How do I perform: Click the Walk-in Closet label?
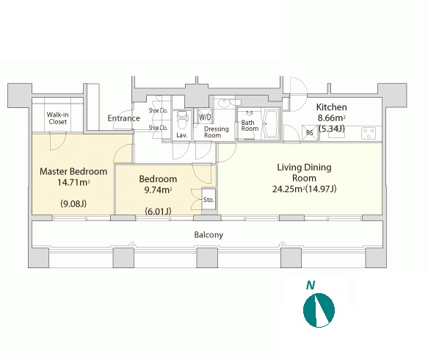(x=57, y=118)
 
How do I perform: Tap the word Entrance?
(x=123, y=118)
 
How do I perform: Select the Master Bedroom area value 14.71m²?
(x=73, y=182)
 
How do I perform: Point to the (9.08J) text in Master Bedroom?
(x=73, y=204)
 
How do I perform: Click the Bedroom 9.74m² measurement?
(x=158, y=190)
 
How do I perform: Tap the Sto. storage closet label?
(x=208, y=200)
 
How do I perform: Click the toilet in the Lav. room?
(x=181, y=120)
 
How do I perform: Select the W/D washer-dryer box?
(x=205, y=116)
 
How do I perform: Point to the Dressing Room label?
(x=217, y=132)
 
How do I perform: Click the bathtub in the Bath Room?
(x=270, y=124)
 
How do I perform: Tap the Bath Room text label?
(x=250, y=126)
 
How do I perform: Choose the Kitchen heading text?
(x=331, y=107)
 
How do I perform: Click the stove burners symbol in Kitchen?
(x=369, y=134)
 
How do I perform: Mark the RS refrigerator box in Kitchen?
(x=310, y=133)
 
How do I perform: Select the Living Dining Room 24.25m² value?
(x=288, y=189)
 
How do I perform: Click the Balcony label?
(x=208, y=235)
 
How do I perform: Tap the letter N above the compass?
(x=311, y=285)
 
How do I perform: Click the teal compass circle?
(x=319, y=310)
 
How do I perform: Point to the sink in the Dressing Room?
(x=225, y=104)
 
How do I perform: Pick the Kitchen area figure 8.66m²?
(x=331, y=118)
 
